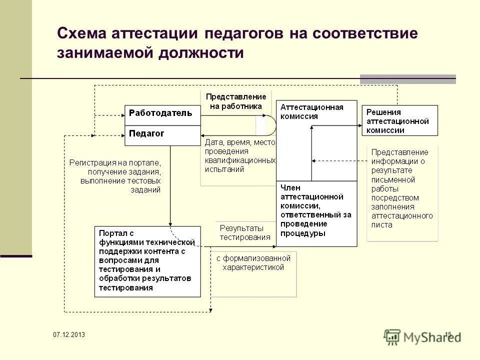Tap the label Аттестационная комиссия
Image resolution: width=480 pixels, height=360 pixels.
point(312,111)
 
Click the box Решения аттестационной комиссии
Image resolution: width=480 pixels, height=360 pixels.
point(399,120)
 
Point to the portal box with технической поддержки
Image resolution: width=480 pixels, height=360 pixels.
point(147,261)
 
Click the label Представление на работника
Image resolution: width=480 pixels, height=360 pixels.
point(236,101)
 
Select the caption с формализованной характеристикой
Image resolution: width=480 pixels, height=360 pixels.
point(253,263)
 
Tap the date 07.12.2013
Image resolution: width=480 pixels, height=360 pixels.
point(69,334)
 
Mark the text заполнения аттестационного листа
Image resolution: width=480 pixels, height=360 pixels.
point(401,216)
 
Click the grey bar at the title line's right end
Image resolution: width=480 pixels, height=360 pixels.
point(408,79)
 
